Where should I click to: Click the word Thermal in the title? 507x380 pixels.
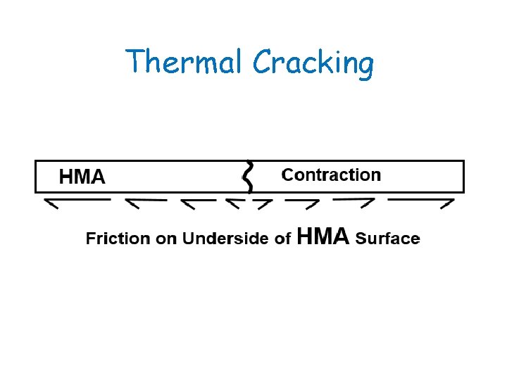185,62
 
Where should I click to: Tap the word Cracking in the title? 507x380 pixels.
313,63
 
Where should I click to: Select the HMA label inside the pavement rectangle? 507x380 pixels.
82,177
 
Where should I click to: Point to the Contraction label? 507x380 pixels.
331,175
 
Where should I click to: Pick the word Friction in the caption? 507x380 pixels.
118,239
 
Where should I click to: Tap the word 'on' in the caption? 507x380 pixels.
166,239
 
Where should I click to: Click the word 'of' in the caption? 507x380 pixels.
283,239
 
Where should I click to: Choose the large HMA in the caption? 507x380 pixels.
323,236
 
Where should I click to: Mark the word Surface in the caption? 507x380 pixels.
388,239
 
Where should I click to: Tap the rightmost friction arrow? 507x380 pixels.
421,203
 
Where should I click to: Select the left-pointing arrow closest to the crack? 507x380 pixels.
234,203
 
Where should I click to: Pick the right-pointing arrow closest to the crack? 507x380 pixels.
263,204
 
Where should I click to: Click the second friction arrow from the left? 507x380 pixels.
145,203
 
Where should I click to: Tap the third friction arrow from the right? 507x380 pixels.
302,203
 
